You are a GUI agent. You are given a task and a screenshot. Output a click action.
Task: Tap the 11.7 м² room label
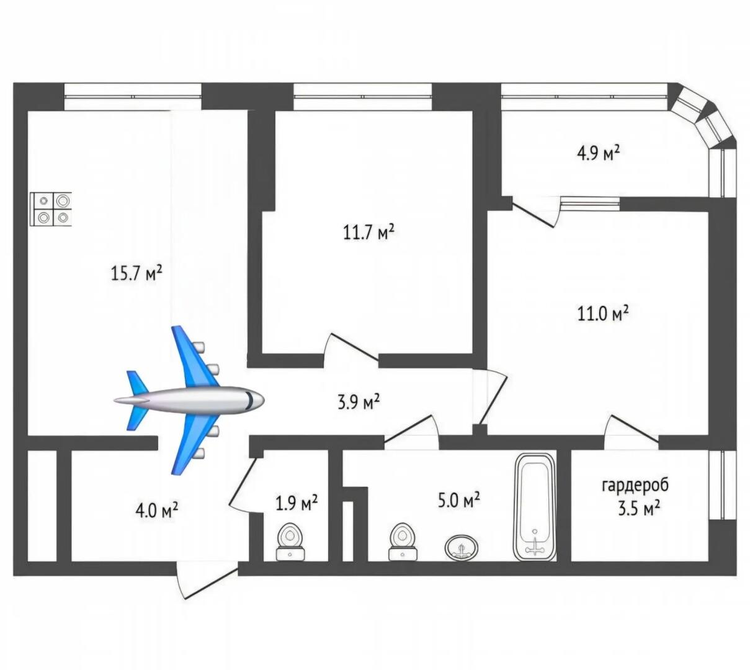(368, 232)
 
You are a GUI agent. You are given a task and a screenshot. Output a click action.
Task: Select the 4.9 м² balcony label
(599, 153)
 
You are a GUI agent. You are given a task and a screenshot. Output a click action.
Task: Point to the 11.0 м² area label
(603, 314)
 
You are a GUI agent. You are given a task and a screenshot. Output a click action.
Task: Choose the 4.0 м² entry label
(157, 511)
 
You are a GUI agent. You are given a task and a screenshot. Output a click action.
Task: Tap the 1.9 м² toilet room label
(297, 503)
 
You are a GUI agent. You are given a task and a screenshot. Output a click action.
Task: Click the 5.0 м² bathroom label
(458, 501)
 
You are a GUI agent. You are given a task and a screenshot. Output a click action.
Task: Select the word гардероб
(635, 485)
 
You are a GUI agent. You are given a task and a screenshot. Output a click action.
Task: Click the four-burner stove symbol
(51, 210)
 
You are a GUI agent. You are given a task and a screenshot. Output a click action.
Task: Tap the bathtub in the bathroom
(535, 509)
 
